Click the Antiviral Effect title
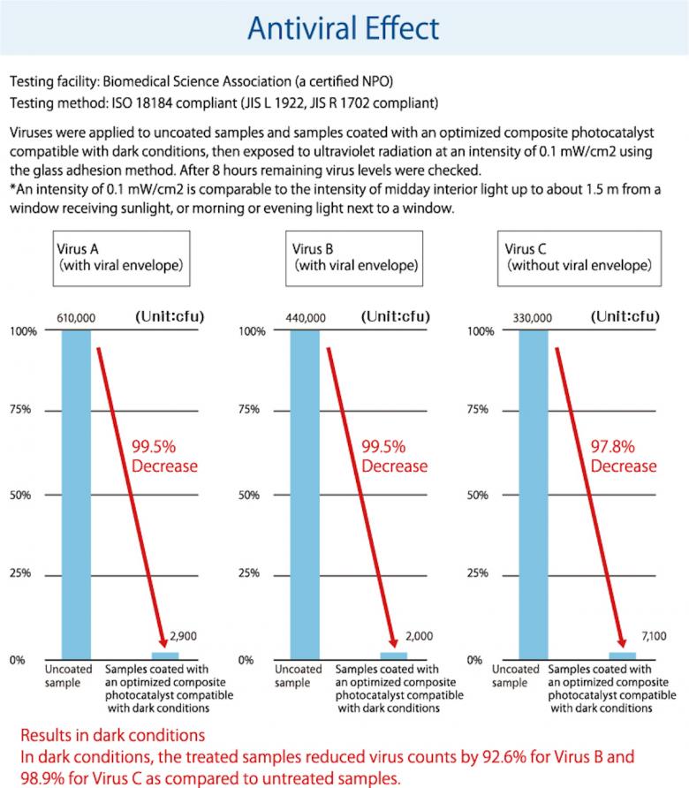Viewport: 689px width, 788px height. (x=344, y=28)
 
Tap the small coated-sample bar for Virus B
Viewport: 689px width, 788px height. (x=393, y=655)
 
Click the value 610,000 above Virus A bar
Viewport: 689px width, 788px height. (x=76, y=317)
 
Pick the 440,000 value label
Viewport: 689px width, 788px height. (x=305, y=317)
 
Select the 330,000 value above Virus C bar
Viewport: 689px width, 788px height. (x=533, y=317)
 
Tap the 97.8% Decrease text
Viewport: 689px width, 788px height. (x=624, y=456)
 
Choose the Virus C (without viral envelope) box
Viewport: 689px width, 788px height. (x=578, y=256)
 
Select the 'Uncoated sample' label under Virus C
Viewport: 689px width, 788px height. (x=514, y=676)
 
